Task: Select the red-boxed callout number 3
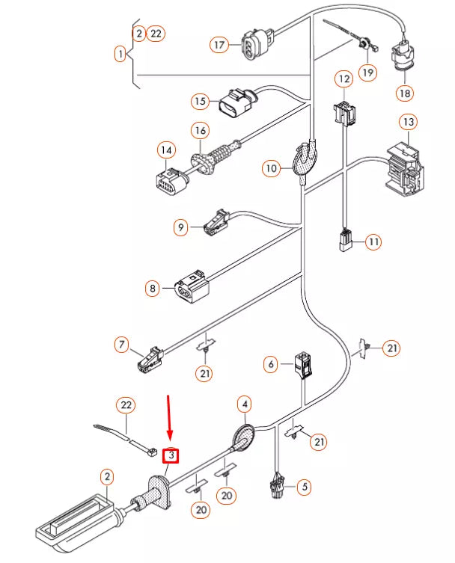171,455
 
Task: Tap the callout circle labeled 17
219,46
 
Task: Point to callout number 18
405,93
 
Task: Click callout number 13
408,121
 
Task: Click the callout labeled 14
166,151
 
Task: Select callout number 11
373,241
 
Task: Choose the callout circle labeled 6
271,365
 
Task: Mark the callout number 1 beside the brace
120,54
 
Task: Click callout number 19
367,73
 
